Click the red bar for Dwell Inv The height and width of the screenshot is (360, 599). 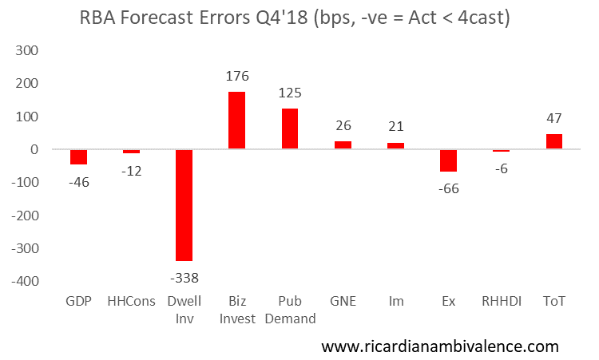(184, 205)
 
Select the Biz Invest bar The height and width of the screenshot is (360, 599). (237, 121)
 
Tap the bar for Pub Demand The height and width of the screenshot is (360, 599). (290, 129)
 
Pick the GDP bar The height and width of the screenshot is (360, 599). (78, 156)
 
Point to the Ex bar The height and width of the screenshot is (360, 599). (448, 160)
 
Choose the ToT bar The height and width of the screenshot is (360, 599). (553, 141)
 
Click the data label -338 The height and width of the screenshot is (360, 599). (184, 278)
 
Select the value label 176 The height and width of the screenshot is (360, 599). (237, 77)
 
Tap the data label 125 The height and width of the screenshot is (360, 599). (290, 93)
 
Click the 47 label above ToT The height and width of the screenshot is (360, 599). (553, 119)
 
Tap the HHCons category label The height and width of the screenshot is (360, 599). (131, 302)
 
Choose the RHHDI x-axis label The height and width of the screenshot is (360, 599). (501, 302)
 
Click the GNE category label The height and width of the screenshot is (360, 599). (343, 302)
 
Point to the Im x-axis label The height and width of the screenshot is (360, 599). (395, 302)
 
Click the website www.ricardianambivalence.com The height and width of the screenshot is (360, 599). (440, 346)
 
